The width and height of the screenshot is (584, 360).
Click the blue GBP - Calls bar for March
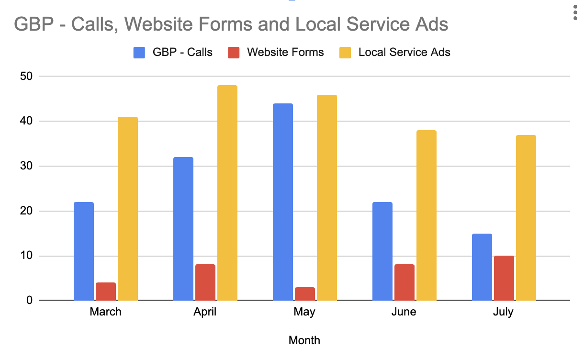[x=84, y=251]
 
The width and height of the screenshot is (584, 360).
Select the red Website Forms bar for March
[x=106, y=292]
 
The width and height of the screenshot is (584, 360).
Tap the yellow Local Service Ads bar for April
[x=227, y=193]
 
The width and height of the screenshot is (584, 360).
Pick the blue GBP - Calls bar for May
[x=283, y=202]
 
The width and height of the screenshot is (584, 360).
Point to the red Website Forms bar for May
[x=305, y=294]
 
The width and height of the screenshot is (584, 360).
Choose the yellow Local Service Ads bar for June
[x=427, y=215]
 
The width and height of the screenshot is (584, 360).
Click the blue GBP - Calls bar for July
[x=482, y=267]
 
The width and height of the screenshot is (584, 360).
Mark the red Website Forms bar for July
[x=504, y=278]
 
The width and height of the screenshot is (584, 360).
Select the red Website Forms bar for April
[x=205, y=282]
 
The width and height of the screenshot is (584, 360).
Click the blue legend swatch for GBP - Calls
[x=139, y=53]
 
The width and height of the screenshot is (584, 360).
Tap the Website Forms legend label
[x=285, y=52]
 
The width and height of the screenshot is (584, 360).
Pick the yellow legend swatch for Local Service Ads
[x=345, y=53]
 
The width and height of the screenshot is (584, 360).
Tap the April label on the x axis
[x=205, y=312]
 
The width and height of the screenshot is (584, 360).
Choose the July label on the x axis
[x=503, y=312]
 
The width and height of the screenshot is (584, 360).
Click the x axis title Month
[x=304, y=340]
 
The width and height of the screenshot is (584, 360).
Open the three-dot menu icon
[x=575, y=13]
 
